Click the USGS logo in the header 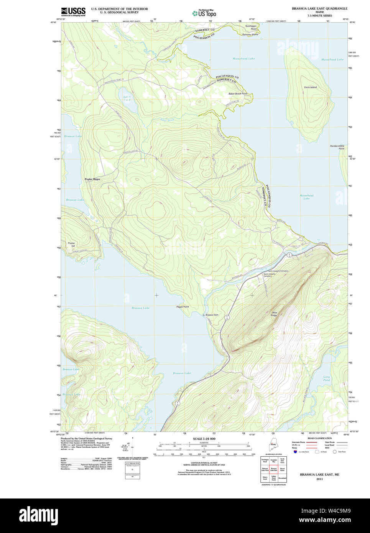[73, 11]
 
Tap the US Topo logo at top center [204, 13]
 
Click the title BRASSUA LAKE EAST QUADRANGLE [319, 8]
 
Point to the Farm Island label [310, 87]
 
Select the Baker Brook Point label [238, 94]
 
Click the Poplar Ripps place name [92, 179]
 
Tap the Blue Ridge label [274, 314]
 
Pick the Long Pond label [326, 378]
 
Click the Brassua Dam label [212, 315]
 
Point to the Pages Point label [183, 307]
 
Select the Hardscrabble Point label [337, 147]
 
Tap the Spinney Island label [250, 35]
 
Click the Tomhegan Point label [251, 27]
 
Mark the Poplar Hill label [71, 244]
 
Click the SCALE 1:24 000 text [204, 439]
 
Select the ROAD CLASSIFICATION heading [319, 438]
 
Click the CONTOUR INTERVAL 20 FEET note [204, 463]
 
